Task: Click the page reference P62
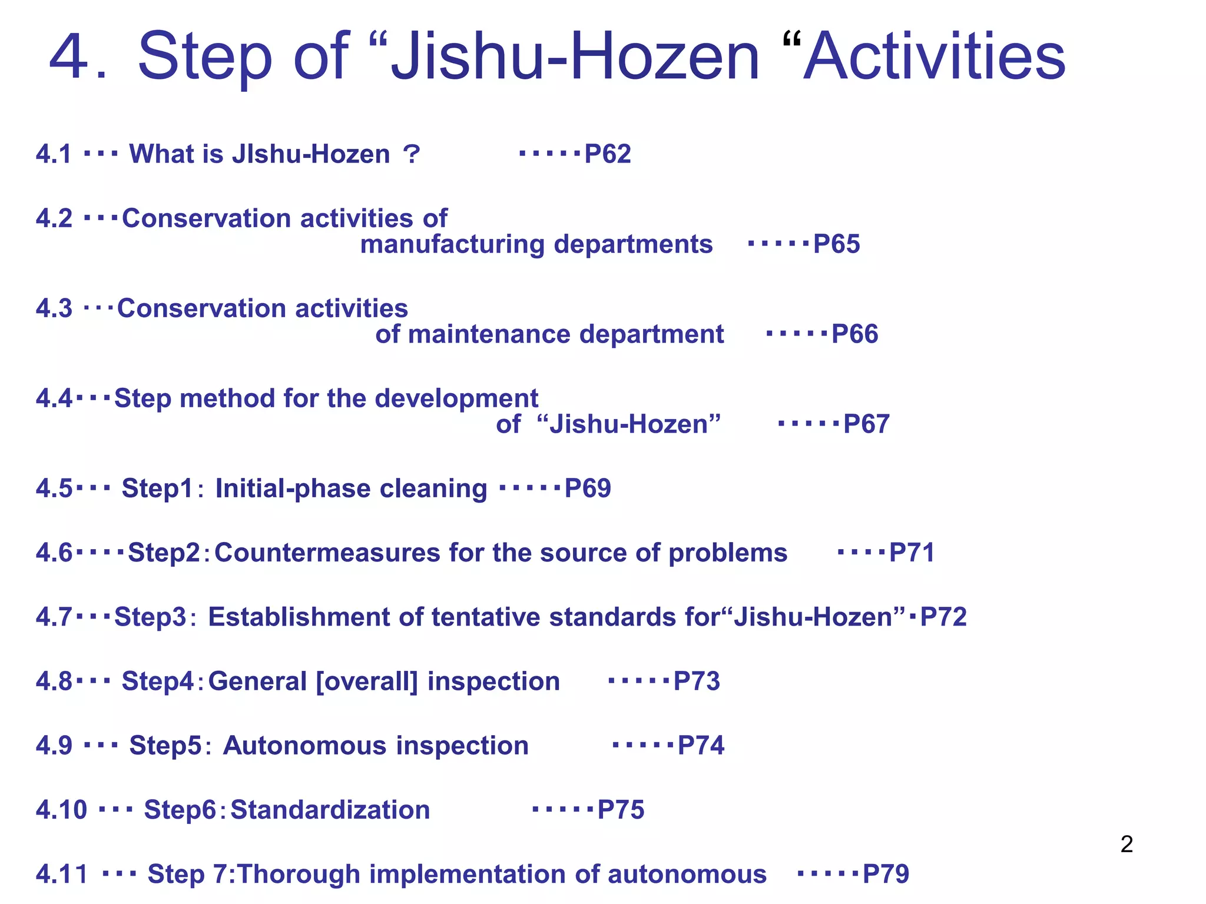(x=608, y=154)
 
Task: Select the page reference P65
(x=836, y=244)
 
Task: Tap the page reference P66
(x=854, y=334)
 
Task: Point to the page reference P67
(x=866, y=424)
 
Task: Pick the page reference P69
(x=588, y=488)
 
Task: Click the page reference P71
(x=912, y=553)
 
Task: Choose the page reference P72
(x=943, y=617)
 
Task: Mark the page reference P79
(x=886, y=874)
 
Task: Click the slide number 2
(x=1127, y=845)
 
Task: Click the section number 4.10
(x=61, y=810)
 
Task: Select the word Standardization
(x=330, y=810)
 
